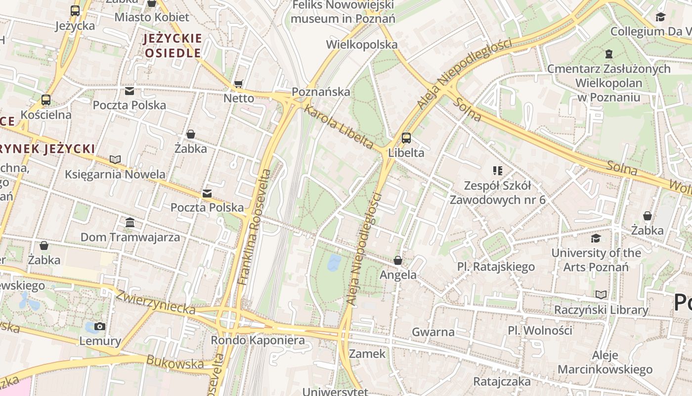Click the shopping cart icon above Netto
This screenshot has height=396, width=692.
(239, 84)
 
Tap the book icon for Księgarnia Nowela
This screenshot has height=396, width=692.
(115, 159)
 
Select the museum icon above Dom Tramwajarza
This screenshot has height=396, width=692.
(130, 223)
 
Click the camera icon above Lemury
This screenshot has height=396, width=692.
(100, 326)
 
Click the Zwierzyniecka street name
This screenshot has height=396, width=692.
(155, 302)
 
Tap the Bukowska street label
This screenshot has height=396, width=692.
(174, 363)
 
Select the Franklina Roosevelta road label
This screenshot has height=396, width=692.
(254, 227)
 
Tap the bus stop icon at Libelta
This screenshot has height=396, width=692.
(406, 138)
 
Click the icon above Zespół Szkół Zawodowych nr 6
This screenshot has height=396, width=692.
(497, 171)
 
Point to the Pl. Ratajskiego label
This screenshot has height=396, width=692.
(496, 267)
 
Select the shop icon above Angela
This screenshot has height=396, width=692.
(398, 260)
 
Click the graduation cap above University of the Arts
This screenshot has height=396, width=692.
(596, 239)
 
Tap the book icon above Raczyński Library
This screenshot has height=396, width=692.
(601, 295)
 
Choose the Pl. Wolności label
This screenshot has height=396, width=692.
(540, 330)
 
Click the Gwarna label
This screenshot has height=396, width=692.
(433, 332)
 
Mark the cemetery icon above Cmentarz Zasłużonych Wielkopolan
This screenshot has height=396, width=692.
(608, 53)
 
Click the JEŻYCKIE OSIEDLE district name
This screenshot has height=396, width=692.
(173, 46)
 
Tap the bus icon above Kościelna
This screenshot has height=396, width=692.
(46, 100)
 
